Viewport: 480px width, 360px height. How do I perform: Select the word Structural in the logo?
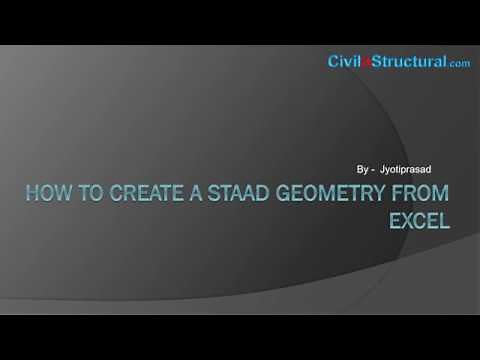tap(408, 62)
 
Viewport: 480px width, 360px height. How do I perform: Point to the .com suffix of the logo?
tap(460, 64)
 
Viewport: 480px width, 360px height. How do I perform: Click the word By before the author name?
tap(361, 171)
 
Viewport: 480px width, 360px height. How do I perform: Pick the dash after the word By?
tap(373, 171)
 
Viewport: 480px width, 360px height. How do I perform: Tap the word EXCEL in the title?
tap(419, 220)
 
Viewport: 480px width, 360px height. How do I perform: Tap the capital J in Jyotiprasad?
tap(384, 171)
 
